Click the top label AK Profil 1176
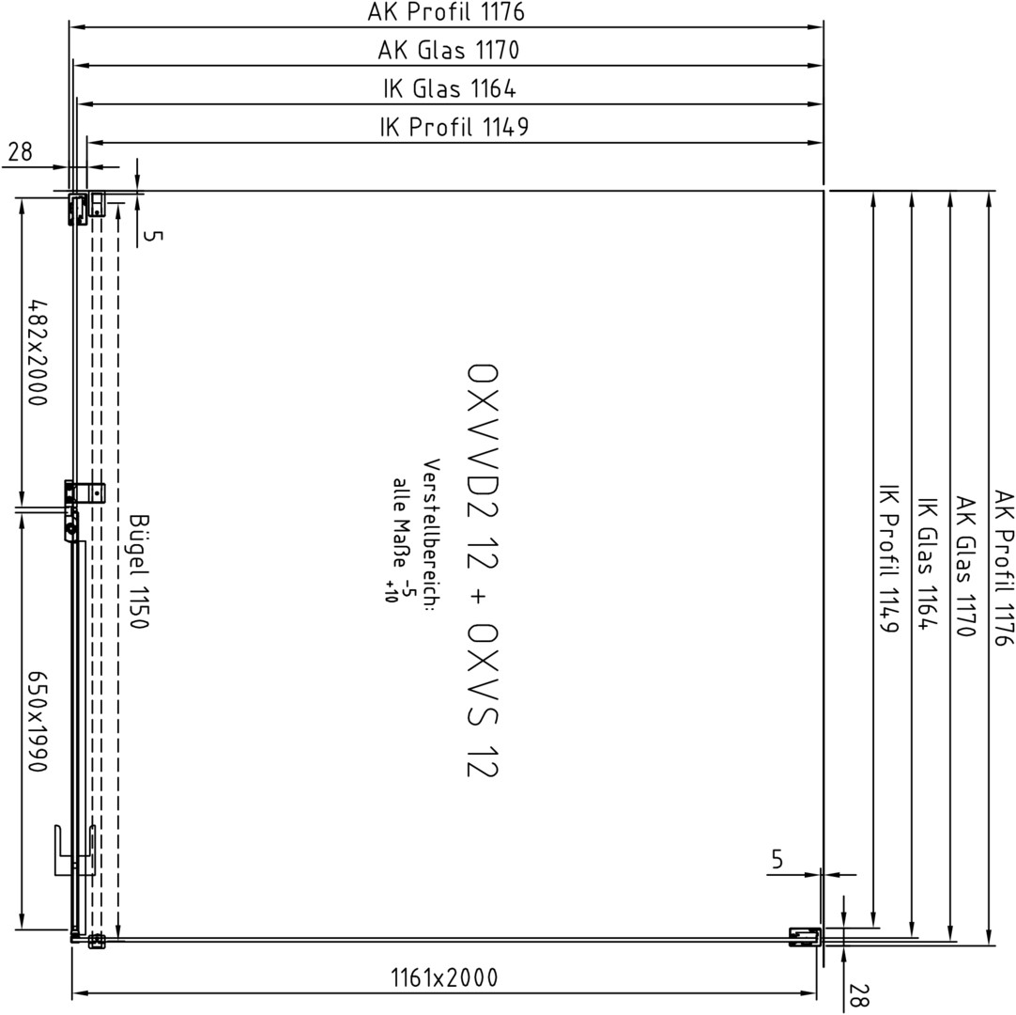click(446, 11)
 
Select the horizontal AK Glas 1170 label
click(449, 50)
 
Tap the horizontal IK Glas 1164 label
click(450, 88)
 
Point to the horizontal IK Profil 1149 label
click(454, 127)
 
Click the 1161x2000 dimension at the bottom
click(444, 976)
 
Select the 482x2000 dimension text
click(38, 351)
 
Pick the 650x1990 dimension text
click(38, 721)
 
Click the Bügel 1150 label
click(139, 570)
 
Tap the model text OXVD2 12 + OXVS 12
click(483, 570)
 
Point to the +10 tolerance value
click(391, 591)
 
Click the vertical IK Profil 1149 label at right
click(887, 557)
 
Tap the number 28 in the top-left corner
click(20, 151)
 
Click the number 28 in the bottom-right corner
click(858, 995)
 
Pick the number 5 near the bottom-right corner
click(777, 859)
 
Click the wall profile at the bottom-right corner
click(805, 938)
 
